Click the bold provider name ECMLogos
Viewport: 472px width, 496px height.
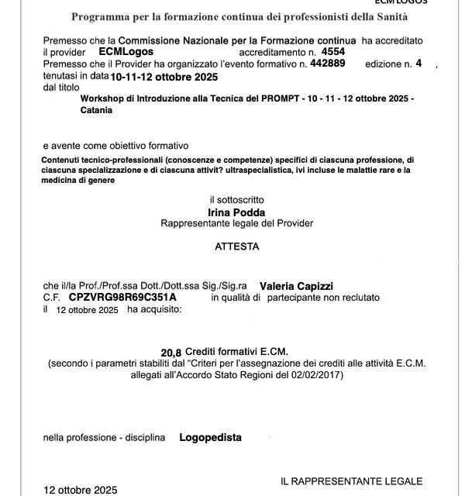click(126, 51)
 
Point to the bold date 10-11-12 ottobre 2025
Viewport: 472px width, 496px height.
click(164, 77)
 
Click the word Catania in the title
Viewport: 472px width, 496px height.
click(96, 110)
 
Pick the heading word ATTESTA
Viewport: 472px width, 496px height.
click(237, 247)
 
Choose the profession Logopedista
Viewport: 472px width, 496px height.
click(210, 438)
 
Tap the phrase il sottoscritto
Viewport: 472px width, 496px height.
click(236, 200)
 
